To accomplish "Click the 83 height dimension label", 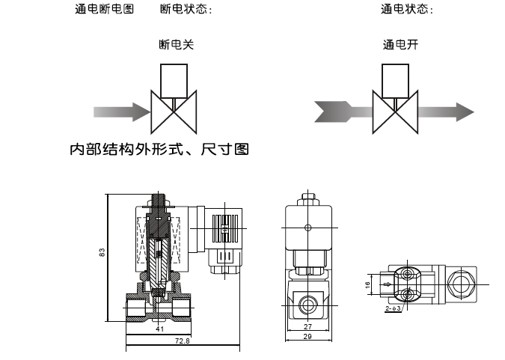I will coord(102,252).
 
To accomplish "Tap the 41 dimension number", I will coord(159,328).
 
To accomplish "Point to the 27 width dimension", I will coord(309,326).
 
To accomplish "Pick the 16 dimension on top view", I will coord(368,284).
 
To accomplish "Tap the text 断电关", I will coord(177,45).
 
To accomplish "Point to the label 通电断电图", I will coord(104,10).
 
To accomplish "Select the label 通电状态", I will coord(407,10).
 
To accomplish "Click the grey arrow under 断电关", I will coord(121,112).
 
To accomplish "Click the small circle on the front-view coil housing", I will coord(307,227).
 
